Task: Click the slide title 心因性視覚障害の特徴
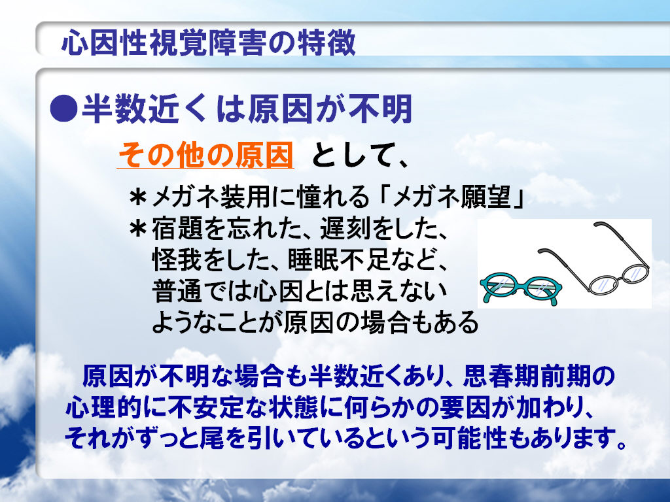coord(209,42)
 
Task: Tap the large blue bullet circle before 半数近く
coord(63,109)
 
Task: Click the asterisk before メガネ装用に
coord(138,198)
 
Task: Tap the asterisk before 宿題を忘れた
coord(138,229)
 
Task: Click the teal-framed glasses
coord(521,288)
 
